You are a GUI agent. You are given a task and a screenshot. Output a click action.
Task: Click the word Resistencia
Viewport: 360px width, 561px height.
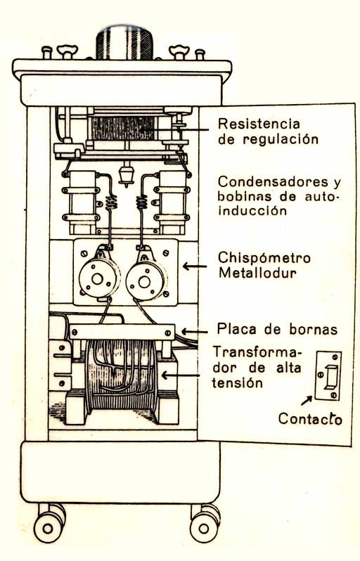click(259, 124)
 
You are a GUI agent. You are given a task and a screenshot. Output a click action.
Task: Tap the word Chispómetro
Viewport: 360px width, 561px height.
click(264, 258)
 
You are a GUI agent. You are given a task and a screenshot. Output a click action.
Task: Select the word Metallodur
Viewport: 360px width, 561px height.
click(257, 273)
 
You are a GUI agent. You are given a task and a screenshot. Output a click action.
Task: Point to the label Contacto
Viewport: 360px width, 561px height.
click(310, 418)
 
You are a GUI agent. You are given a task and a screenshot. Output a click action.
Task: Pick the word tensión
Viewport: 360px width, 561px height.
click(238, 383)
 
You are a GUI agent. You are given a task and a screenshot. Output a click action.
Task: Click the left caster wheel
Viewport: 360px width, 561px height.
click(48, 527)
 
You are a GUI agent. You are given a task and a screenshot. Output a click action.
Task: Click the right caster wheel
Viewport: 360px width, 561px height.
click(204, 527)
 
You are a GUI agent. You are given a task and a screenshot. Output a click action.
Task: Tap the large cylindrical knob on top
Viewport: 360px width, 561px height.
click(124, 42)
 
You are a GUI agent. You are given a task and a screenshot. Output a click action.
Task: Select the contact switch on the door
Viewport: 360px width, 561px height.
click(328, 375)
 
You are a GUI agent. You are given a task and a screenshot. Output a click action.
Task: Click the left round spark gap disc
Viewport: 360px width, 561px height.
click(98, 278)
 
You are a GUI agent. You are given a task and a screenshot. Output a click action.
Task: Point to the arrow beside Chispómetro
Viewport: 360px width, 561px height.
click(195, 266)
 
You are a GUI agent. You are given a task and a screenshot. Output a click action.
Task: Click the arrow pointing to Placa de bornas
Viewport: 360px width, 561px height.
click(195, 332)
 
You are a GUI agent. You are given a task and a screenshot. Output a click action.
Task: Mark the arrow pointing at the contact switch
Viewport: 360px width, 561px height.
click(307, 401)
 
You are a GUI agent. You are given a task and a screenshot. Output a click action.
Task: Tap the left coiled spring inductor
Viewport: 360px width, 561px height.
click(112, 202)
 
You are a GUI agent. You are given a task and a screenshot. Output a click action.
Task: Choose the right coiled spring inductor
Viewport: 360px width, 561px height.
click(142, 202)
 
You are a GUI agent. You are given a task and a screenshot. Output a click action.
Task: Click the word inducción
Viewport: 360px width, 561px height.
click(252, 210)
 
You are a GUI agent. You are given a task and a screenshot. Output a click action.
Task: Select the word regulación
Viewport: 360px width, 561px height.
click(281, 139)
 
